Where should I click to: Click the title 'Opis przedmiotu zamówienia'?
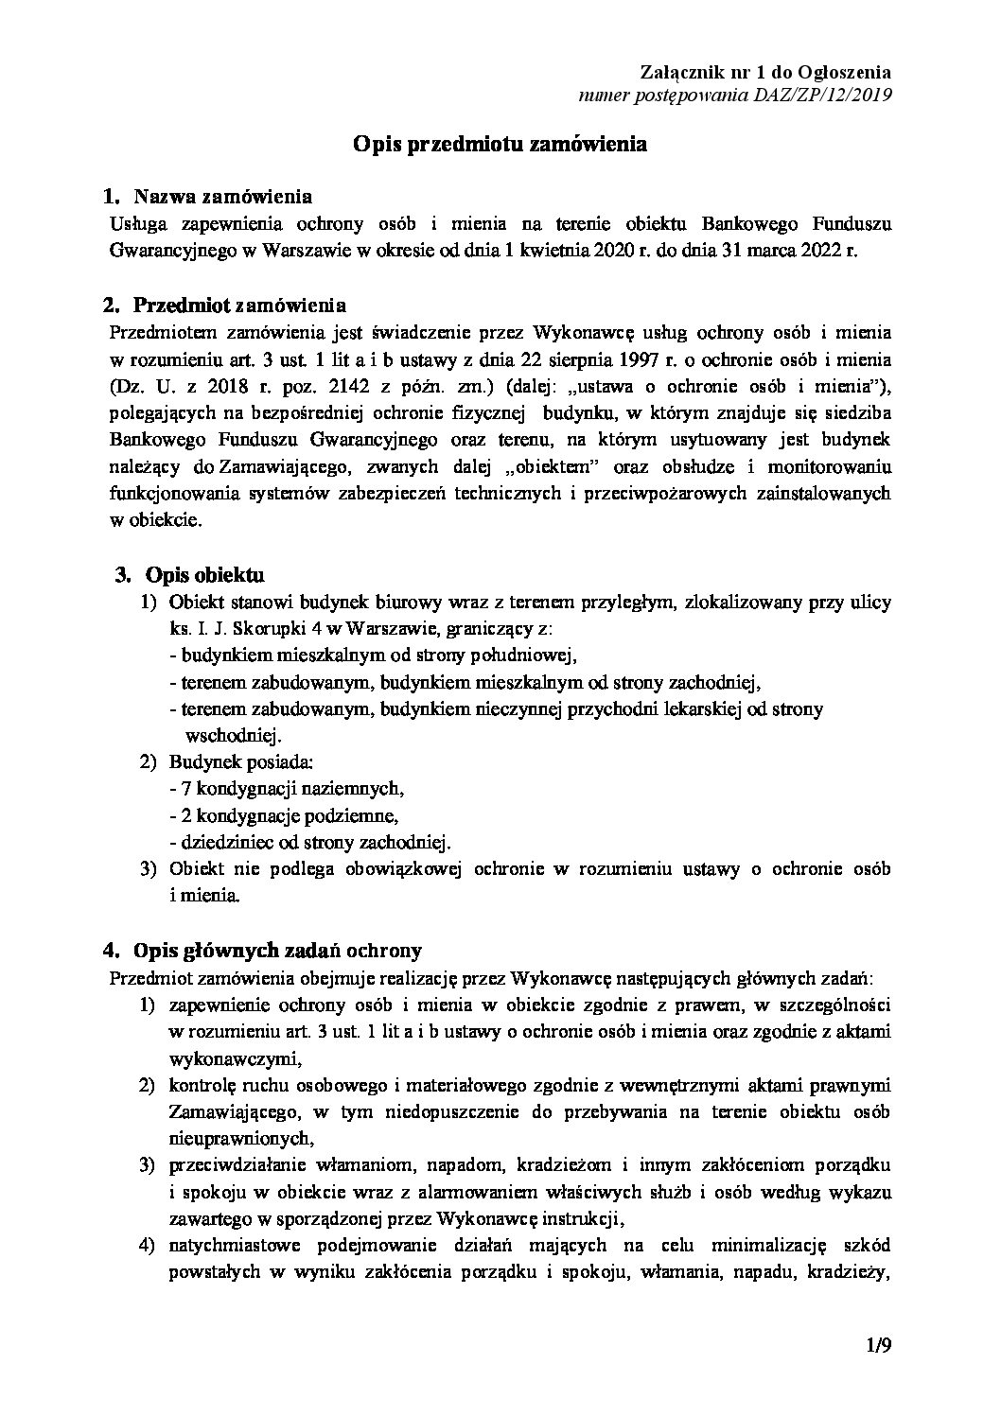pos(500,144)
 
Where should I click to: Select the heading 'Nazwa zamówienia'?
pos(223,197)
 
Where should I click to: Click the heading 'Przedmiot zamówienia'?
pos(239,305)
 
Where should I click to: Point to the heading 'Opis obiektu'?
pos(204,574)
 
